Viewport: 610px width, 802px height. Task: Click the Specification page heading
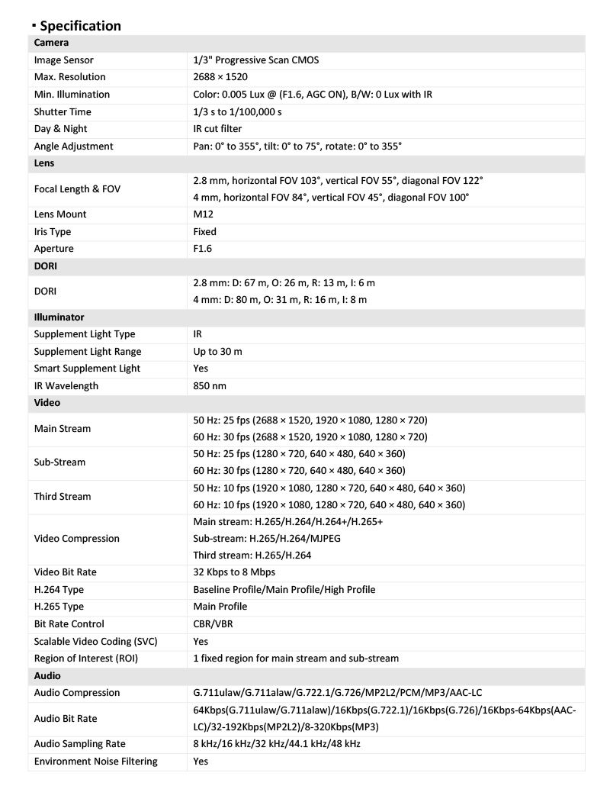click(80, 26)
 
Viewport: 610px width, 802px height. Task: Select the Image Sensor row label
click(64, 60)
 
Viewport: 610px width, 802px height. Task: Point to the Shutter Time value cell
click(237, 111)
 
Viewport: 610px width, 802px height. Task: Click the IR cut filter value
click(217, 129)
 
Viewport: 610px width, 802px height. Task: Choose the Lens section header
click(44, 163)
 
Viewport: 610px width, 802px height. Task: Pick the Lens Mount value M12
click(204, 214)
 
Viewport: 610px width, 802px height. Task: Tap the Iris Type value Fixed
click(205, 231)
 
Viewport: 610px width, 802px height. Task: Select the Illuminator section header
click(59, 317)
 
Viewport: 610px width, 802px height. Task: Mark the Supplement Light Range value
click(218, 351)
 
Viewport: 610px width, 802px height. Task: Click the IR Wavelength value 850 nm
click(210, 386)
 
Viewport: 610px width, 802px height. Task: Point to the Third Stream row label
click(63, 496)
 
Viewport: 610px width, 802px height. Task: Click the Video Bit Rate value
click(235, 572)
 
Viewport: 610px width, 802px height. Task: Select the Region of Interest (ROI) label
click(86, 658)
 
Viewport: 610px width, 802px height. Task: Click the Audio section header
click(47, 676)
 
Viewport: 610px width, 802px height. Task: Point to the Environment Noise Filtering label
click(96, 761)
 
